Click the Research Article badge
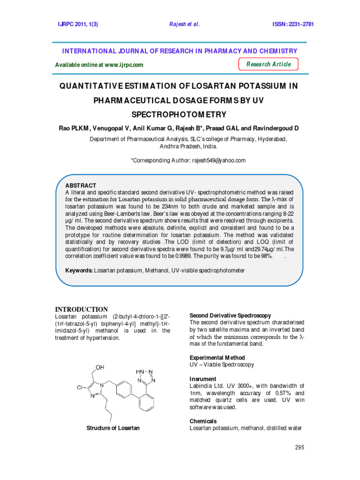(x=269, y=64)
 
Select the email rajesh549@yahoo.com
(x=218, y=160)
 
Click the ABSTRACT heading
(x=81, y=186)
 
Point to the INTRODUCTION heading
(x=82, y=309)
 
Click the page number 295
(x=300, y=448)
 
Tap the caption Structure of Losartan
(x=113, y=428)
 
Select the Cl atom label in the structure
(x=80, y=388)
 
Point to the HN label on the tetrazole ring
(x=140, y=371)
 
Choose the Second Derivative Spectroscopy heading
(x=230, y=315)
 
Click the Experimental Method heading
(x=217, y=358)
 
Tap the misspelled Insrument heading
(x=202, y=379)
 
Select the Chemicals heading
(x=203, y=421)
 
